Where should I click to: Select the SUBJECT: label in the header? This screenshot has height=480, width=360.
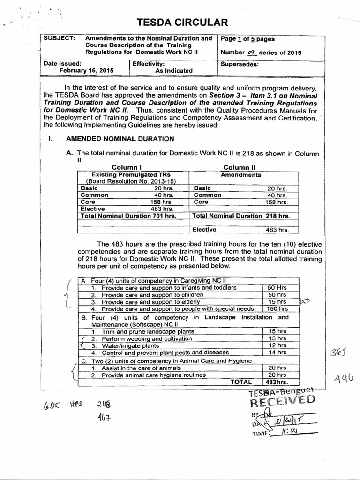pos(59,38)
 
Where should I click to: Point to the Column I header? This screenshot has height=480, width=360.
pos(127,167)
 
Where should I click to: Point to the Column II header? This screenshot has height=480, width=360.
pos(239,167)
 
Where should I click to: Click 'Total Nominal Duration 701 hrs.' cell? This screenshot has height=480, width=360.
pos(128,216)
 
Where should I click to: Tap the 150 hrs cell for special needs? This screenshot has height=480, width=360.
pos(275,309)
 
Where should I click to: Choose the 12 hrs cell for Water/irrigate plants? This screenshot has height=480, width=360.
pos(275,345)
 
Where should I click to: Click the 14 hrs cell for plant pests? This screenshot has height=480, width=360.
pos(275,352)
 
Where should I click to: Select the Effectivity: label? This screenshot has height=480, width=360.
pos(149,64)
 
